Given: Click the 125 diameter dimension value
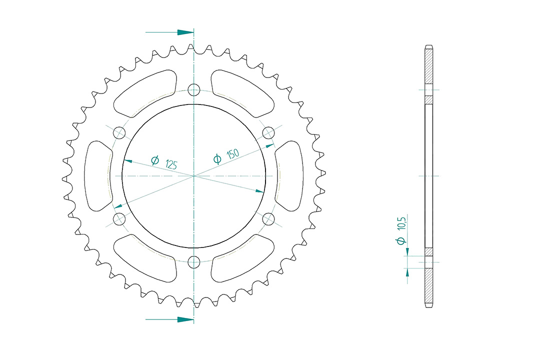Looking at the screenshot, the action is point(171,164).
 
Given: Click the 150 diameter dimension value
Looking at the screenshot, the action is point(233,154).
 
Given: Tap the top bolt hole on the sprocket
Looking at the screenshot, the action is point(194,89).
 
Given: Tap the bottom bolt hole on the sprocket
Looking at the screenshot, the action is point(194,262).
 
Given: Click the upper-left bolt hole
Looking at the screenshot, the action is point(119,132).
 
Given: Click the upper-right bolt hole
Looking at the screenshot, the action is point(268,132).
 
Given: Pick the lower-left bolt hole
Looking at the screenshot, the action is point(119,219).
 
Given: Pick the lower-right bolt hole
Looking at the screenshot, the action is point(268,219).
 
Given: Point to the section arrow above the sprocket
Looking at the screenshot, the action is point(169,32).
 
